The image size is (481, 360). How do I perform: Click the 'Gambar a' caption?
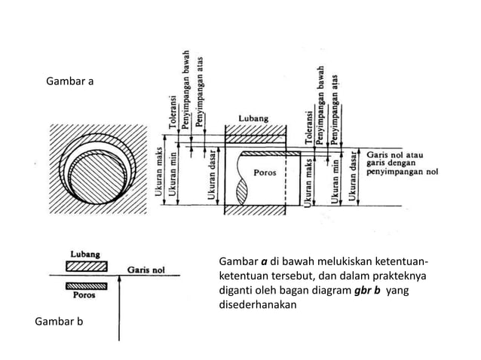[x=70, y=81]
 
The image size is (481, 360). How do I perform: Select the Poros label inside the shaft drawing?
[x=265, y=172]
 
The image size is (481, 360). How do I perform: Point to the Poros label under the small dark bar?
[x=83, y=295]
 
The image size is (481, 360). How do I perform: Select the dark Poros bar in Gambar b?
[x=86, y=285]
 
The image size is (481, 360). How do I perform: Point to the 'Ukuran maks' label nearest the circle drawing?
[x=159, y=172]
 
